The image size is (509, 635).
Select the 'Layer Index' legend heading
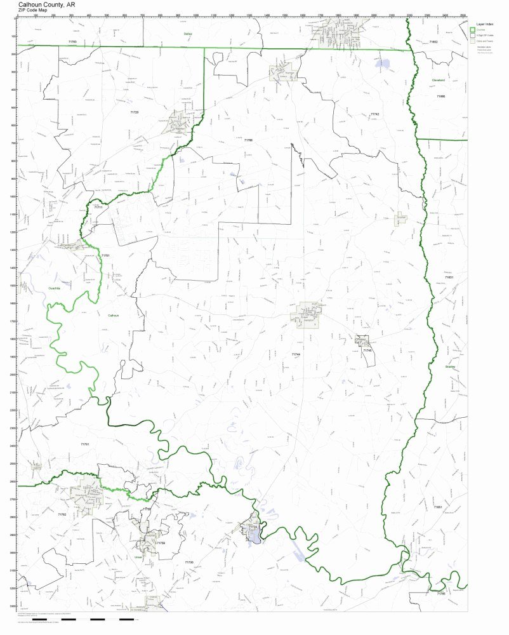pyautogui.click(x=484, y=23)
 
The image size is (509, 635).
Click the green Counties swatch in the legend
pyautogui.click(x=472, y=30)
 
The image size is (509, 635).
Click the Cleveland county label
pyautogui.click(x=439, y=81)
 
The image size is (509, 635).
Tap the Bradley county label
pyautogui.click(x=451, y=366)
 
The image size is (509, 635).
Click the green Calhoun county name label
pyautogui.click(x=113, y=315)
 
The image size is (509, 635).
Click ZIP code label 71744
pyautogui.click(x=296, y=354)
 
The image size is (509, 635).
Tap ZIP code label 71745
pyautogui.click(x=367, y=351)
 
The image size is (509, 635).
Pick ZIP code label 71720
pyautogui.click(x=134, y=112)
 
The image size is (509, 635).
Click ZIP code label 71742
pyautogui.click(x=375, y=114)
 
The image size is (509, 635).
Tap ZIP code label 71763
pyautogui.click(x=72, y=42)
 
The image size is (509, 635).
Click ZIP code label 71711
pyautogui.click(x=98, y=208)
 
